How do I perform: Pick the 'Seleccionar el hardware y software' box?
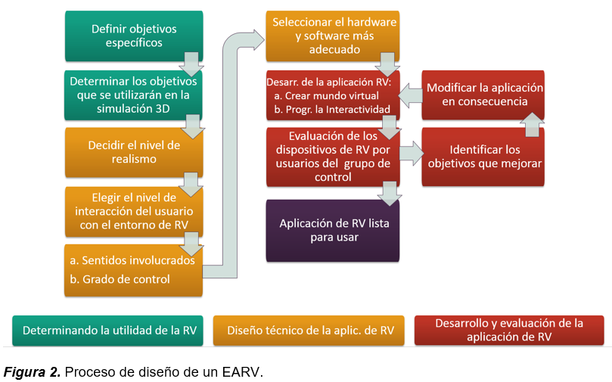333,36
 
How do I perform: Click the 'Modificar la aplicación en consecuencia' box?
483,95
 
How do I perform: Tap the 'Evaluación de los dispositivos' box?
331,157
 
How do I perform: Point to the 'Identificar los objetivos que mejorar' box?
483,157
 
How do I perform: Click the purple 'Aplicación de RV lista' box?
331,230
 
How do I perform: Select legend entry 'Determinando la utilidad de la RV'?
108,331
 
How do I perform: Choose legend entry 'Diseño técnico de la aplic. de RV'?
310,331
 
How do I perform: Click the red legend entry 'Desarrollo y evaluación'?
508,331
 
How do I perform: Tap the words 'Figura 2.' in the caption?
33,371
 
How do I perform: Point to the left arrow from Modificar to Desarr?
410,95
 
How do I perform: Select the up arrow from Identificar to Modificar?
532,124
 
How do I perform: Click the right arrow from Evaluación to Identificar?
410,153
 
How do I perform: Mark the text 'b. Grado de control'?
120,279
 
